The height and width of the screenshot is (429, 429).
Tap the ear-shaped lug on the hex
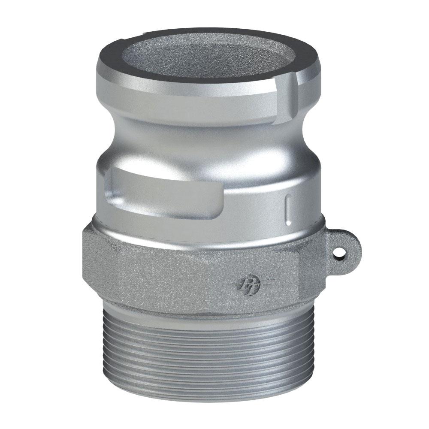(345, 247)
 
